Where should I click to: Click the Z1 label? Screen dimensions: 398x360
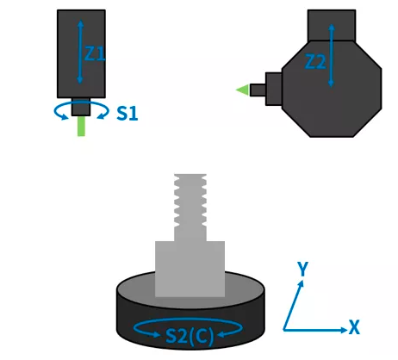tap(95, 53)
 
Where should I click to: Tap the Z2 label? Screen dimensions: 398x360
tap(315, 62)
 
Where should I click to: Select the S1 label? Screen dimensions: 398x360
tap(127, 113)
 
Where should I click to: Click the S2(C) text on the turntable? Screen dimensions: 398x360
tap(190, 336)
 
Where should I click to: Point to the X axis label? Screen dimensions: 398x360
tap(354, 327)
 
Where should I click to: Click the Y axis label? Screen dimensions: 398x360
tap(302, 269)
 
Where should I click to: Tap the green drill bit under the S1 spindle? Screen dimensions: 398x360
tap(81, 126)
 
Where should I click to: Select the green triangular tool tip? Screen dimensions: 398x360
tap(243, 90)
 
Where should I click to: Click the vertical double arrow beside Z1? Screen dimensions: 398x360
tap(80, 52)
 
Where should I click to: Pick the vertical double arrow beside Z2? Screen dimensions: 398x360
tap(332, 55)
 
